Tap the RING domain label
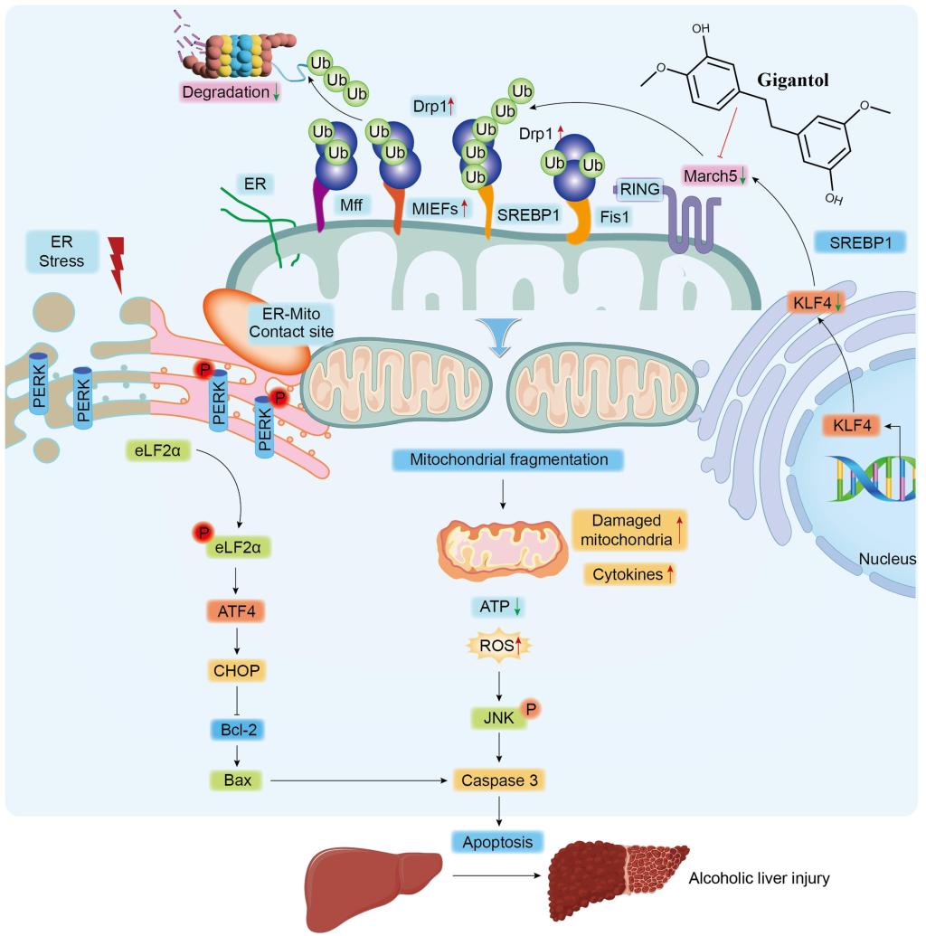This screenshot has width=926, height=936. [638, 188]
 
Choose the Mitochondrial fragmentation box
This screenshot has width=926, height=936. [509, 459]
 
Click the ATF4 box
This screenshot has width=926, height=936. [236, 612]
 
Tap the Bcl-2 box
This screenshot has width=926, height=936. [236, 729]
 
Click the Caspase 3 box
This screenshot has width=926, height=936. [499, 778]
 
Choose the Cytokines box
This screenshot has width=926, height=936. [624, 574]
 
